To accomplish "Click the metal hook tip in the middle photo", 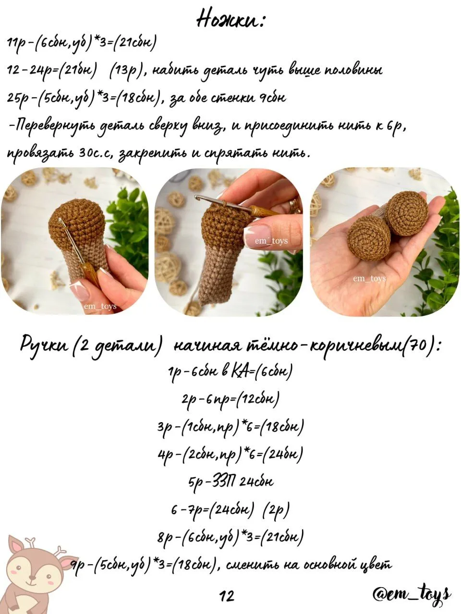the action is pos(197,197).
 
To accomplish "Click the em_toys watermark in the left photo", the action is pos(100,307).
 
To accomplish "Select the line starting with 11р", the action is pos(82,43).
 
